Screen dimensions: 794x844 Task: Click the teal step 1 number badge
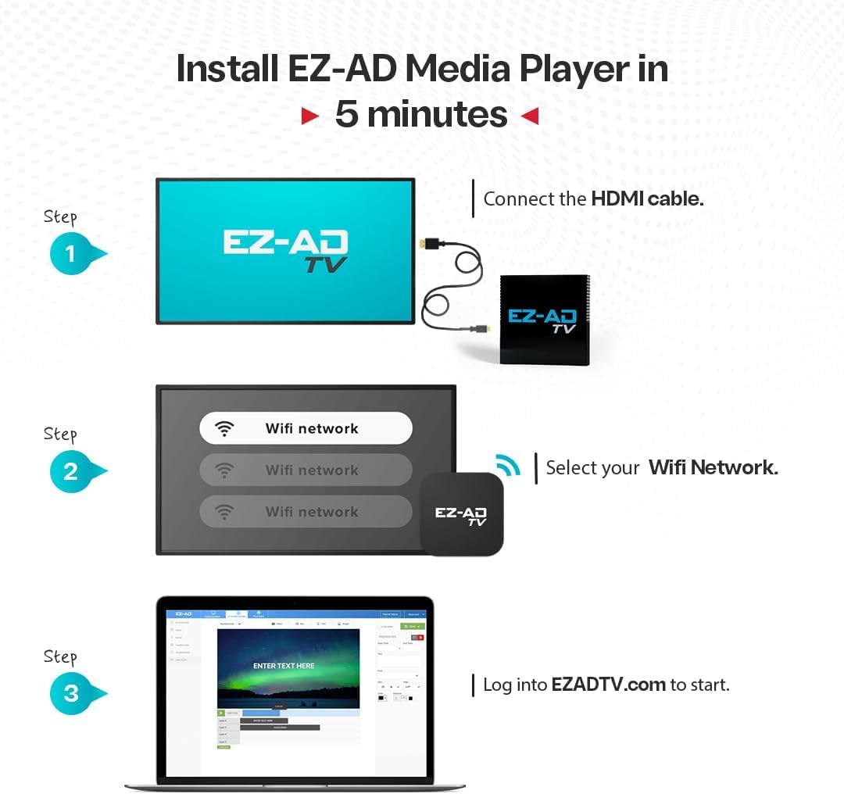click(x=72, y=254)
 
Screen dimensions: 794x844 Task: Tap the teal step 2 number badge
click(x=72, y=471)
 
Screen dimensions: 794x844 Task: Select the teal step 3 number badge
click(x=72, y=693)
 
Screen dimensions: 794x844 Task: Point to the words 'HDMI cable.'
click(x=647, y=198)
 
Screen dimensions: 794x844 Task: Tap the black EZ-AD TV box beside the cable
click(x=543, y=320)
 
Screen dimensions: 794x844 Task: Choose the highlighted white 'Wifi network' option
click(x=306, y=428)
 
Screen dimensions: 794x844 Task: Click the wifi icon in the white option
click(x=225, y=428)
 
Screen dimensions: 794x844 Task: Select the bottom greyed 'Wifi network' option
click(x=306, y=512)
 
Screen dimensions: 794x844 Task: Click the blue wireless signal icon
click(x=507, y=465)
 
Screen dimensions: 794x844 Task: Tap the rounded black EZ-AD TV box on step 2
click(x=461, y=515)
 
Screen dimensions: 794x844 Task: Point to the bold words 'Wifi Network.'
click(x=713, y=467)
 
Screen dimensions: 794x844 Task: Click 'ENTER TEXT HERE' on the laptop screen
click(x=284, y=666)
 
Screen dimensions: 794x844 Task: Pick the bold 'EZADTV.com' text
click(x=608, y=685)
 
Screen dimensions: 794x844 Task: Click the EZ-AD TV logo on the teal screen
click(x=286, y=249)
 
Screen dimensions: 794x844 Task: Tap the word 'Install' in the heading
click(x=227, y=69)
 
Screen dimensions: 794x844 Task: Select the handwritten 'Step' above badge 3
click(x=60, y=657)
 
